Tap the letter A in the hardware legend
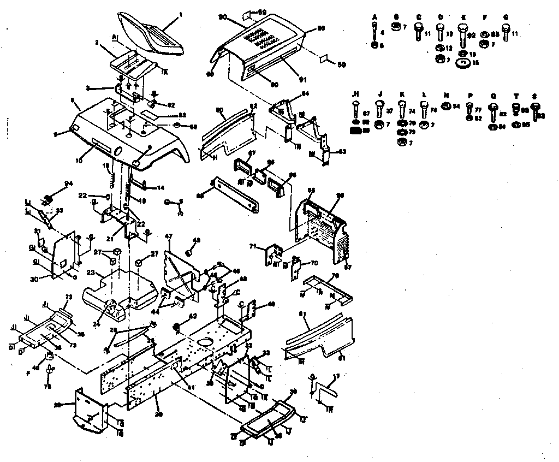pos(375,17)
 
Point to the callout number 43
pos(198,240)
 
